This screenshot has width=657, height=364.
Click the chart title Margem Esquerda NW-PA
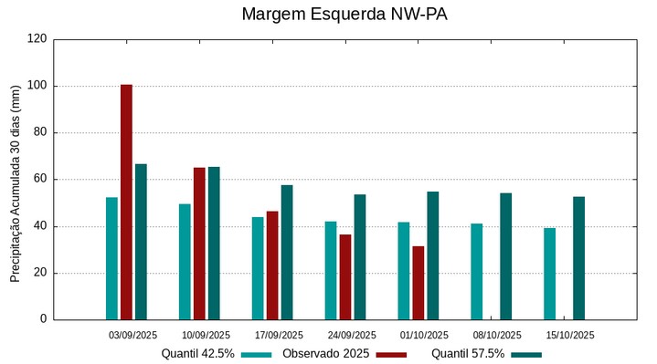click(344, 15)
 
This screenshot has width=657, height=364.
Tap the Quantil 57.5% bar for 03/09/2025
click(141, 242)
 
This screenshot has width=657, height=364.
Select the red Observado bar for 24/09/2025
click(345, 277)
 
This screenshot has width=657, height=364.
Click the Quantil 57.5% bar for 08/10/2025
click(505, 256)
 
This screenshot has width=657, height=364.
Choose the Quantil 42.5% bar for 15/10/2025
click(549, 274)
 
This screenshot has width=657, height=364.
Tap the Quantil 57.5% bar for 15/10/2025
click(578, 258)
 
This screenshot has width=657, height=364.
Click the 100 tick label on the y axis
click(37, 86)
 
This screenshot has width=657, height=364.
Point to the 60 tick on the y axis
click(40, 180)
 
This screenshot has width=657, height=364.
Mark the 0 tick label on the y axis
click(44, 319)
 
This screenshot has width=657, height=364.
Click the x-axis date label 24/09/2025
click(352, 335)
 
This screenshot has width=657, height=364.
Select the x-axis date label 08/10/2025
click(498, 335)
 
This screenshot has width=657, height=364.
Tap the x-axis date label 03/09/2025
click(132, 335)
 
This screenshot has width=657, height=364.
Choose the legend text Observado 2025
click(325, 354)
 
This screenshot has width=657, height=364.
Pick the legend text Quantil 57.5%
click(468, 354)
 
